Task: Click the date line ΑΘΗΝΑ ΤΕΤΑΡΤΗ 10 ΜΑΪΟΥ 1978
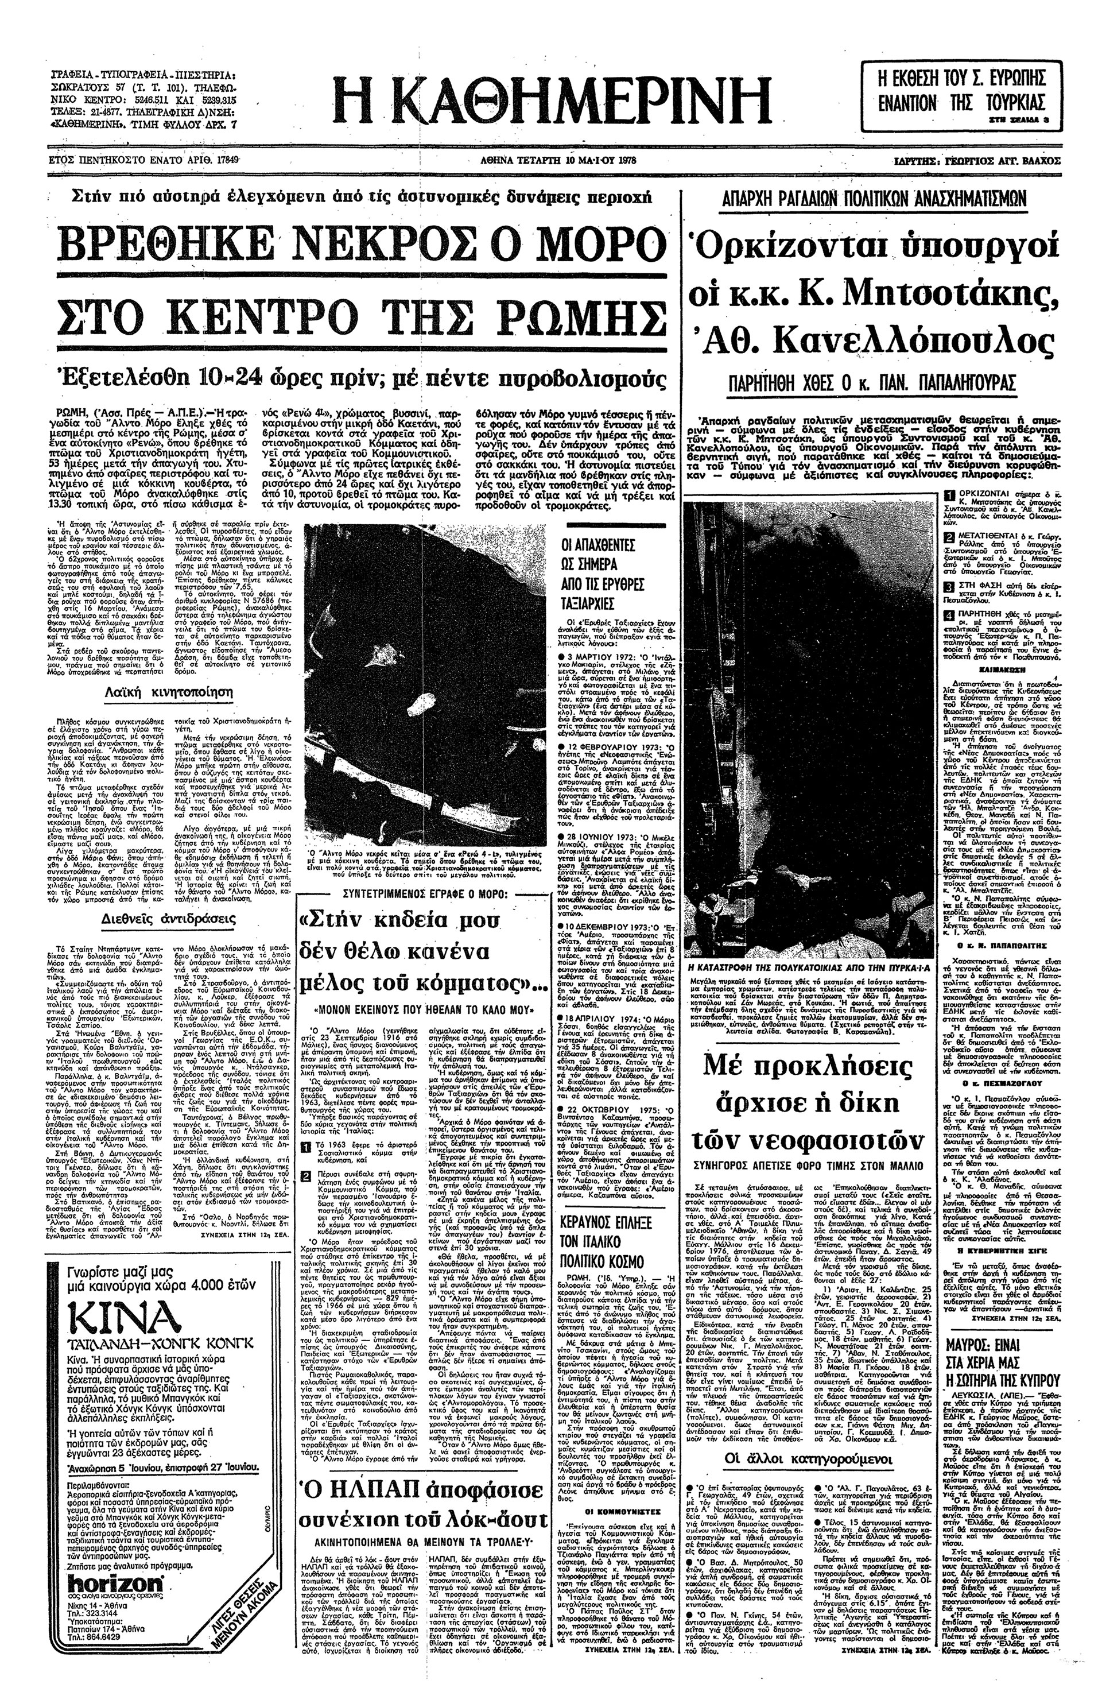(x=557, y=160)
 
